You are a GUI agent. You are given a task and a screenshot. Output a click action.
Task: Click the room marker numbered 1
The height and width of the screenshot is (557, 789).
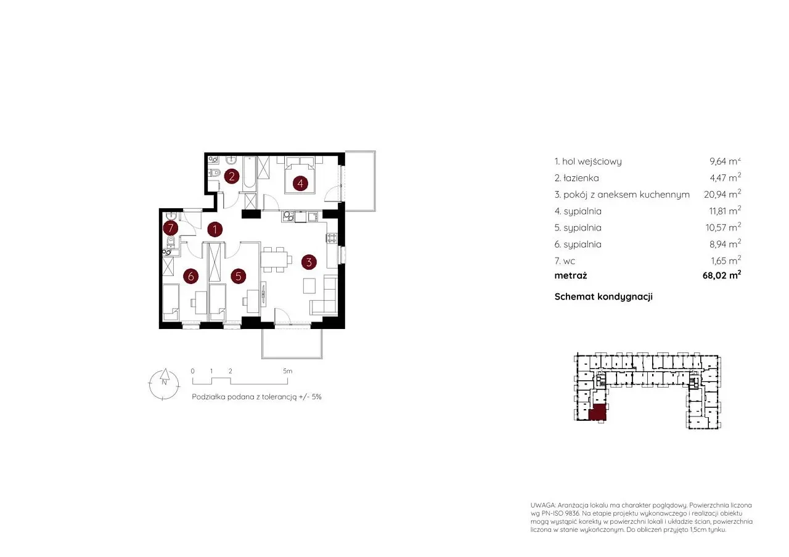coord(215,230)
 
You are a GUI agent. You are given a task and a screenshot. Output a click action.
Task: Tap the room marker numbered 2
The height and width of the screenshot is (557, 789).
coord(232,176)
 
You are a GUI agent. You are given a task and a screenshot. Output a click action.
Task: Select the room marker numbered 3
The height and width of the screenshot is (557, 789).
coord(309,262)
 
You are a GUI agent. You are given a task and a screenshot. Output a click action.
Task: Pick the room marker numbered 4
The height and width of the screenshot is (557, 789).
coord(300,184)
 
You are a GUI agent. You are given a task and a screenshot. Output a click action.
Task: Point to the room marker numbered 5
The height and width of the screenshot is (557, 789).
coord(239,277)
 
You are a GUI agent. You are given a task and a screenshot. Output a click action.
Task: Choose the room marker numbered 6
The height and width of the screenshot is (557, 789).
coord(191,277)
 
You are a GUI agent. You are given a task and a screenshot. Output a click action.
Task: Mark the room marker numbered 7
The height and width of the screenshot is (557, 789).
coord(171,228)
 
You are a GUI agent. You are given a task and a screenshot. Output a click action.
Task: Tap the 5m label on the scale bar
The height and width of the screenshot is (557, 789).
coord(287,371)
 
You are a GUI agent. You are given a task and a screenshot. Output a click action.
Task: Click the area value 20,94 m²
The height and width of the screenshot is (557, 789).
coord(722,194)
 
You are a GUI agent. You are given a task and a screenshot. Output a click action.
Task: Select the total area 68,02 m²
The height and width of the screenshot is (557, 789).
coord(722,275)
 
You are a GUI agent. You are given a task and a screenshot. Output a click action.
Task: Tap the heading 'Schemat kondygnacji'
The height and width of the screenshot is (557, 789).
coord(603,296)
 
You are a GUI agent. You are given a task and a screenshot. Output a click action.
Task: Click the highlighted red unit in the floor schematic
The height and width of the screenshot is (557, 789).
coord(597,412)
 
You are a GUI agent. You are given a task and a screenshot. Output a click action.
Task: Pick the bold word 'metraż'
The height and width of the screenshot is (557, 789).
coord(571,275)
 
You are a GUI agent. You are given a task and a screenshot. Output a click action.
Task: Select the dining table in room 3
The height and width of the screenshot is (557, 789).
coord(274,260)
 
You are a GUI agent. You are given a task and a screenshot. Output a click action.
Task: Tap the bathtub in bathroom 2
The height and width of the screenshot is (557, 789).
coord(250,173)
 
